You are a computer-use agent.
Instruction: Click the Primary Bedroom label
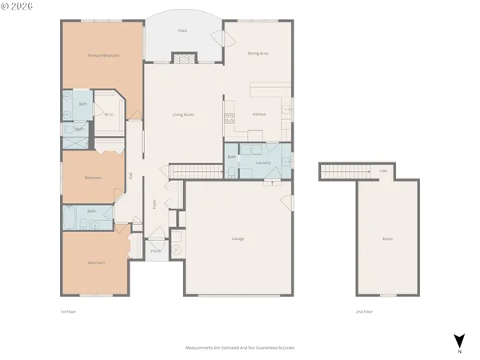click(x=103, y=55)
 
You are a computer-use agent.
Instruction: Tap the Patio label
click(x=183, y=30)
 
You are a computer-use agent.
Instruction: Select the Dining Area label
click(x=258, y=54)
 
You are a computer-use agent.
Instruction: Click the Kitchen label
click(x=258, y=114)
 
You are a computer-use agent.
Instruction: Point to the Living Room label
click(x=183, y=114)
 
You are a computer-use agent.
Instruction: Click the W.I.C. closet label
click(x=110, y=114)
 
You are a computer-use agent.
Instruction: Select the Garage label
click(x=238, y=238)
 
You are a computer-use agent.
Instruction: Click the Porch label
click(x=156, y=250)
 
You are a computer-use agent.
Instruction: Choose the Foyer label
click(x=155, y=204)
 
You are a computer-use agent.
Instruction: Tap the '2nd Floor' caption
click(x=364, y=311)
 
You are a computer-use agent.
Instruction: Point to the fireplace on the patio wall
click(x=184, y=58)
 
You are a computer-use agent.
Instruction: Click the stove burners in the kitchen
click(x=229, y=118)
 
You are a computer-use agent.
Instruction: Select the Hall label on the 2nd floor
click(x=382, y=170)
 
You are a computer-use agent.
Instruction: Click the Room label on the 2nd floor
click(x=387, y=238)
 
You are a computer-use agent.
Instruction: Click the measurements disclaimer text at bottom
click(x=240, y=349)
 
